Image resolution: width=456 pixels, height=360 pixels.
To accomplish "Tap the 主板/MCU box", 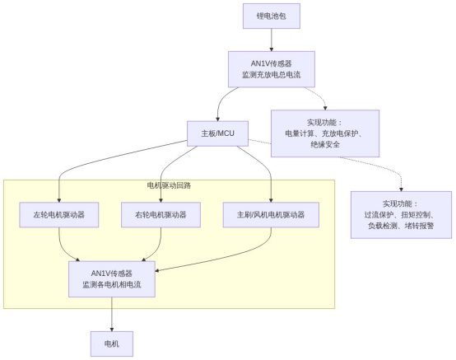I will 217,133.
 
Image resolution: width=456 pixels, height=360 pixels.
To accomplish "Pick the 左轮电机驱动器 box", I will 59,214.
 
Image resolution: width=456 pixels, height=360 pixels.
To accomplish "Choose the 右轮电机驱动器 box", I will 160,214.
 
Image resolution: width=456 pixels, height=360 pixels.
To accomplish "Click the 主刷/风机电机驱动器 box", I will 270,214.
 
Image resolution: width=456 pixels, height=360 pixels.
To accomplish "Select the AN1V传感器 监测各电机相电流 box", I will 112,278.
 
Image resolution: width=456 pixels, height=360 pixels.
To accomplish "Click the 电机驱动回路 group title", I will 169,186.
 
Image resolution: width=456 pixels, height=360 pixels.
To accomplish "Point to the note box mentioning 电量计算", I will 325,133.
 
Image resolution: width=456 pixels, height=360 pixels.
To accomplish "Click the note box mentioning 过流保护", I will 401,214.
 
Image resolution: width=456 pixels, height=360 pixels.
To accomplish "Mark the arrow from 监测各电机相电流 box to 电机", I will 111,314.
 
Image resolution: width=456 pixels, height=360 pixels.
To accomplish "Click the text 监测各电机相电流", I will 112,284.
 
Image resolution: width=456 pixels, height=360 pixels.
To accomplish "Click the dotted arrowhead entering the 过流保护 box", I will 401,187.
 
